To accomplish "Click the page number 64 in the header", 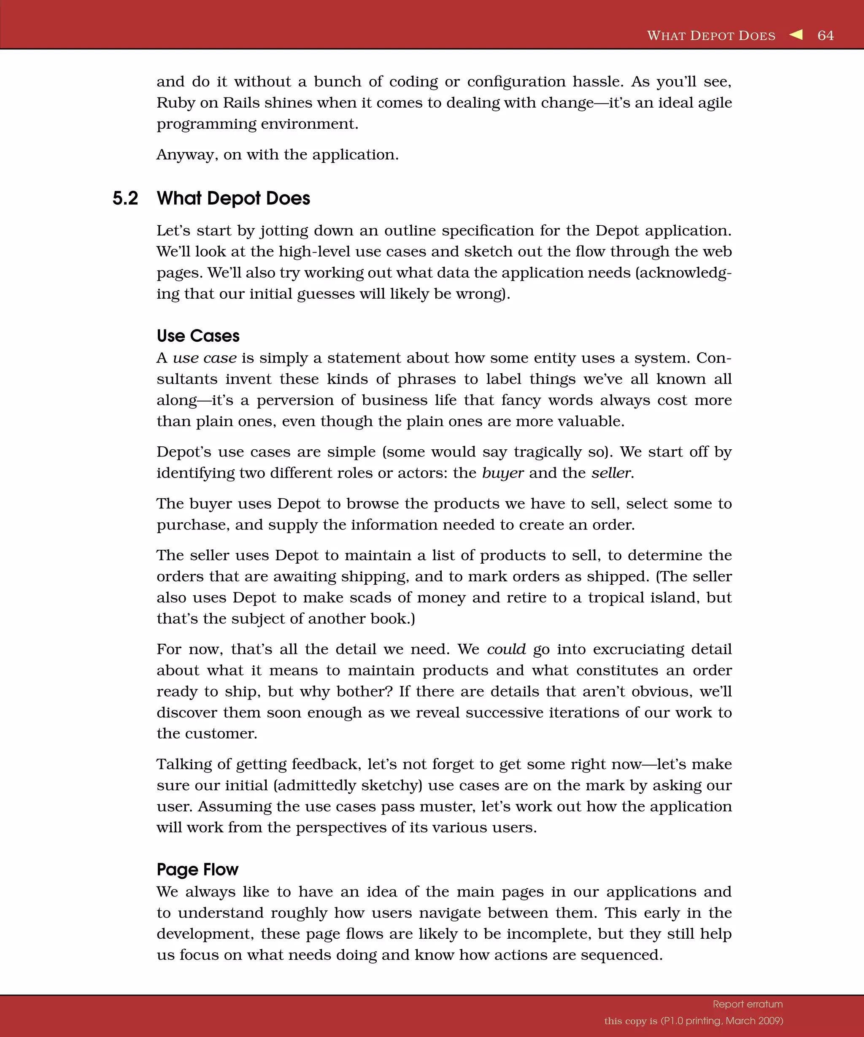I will pos(826,35).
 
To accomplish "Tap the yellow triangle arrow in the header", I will pos(796,35).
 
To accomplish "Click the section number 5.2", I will pos(125,199).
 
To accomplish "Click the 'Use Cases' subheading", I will pos(198,336).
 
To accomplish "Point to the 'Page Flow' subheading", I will pos(197,869).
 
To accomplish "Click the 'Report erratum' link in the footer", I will pos(748,1005).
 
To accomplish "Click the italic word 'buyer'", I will pos(502,473).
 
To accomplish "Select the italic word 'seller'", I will pos(612,473).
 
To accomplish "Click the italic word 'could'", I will pos(506,649).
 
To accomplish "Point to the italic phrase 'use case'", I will pos(204,358).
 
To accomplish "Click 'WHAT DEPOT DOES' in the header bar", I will pos(711,35).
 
